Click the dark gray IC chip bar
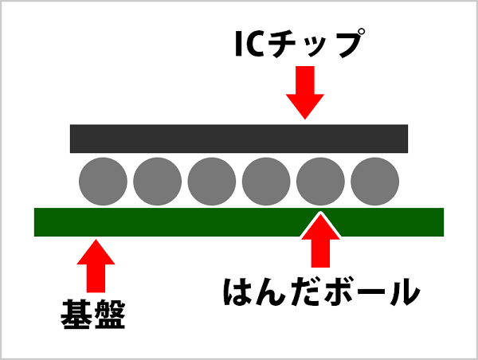pos(239,138)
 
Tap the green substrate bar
pos(239,221)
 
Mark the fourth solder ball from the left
pos(266,180)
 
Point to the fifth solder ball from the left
pos(320,180)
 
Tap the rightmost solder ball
pos(374,180)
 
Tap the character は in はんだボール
pos(241,292)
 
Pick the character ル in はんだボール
pos(399,292)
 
